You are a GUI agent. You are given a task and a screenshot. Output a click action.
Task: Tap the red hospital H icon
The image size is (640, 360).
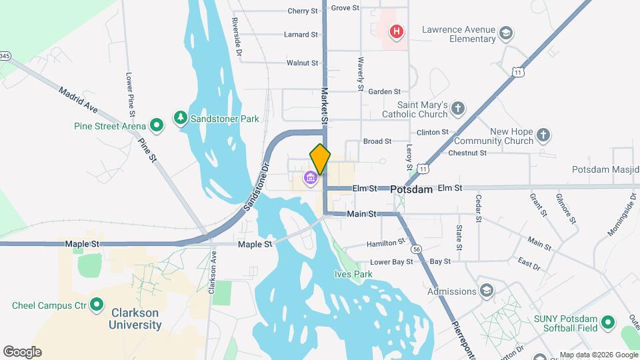point(397,31)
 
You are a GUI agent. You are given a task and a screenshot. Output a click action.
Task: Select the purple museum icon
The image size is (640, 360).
point(310,178)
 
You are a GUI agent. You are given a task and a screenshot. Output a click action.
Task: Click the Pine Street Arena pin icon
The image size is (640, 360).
point(157,124)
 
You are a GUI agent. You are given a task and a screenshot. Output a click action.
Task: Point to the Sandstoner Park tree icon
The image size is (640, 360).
point(180,119)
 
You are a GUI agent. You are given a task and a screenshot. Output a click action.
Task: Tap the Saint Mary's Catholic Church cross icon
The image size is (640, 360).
point(457,108)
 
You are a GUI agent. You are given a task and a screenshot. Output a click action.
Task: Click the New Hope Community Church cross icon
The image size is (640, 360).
point(543,135)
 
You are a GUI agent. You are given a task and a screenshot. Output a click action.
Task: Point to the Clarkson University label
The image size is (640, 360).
point(136,319)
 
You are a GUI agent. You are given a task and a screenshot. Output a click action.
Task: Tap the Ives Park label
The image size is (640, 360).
point(353,274)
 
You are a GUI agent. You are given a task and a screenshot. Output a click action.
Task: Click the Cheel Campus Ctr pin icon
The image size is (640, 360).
point(97,305)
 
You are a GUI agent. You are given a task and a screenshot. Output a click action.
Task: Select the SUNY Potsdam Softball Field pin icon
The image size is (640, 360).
point(607,323)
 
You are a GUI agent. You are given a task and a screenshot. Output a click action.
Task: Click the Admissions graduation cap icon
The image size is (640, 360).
point(487,291)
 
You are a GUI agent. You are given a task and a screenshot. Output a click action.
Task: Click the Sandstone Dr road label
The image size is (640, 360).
point(255,187)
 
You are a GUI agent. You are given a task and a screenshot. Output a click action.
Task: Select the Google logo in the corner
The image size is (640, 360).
point(22,352)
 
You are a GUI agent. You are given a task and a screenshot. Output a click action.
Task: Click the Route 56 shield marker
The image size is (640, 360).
point(417,249)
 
